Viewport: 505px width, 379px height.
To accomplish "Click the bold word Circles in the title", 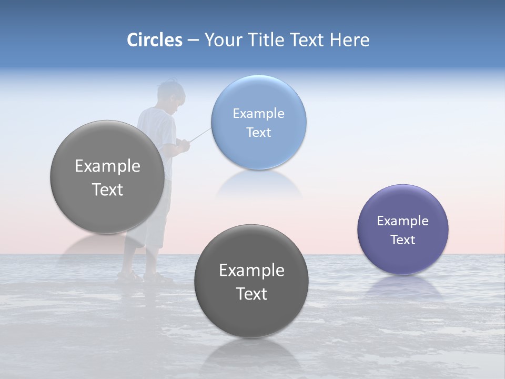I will point(154,40).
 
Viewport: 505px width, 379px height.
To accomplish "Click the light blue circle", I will point(258,122).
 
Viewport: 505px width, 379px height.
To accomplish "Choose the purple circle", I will point(403,229).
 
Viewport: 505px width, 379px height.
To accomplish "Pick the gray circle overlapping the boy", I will point(107,177).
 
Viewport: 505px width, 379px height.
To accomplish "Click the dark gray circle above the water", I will point(251,281).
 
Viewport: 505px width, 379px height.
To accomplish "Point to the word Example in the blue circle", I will point(258,113).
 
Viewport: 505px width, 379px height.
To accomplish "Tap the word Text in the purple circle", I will point(403,240).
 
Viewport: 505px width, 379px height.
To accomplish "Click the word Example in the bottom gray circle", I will point(251,270).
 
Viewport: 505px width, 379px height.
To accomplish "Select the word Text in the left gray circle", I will point(107,189).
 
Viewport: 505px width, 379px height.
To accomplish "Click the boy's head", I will point(172,95).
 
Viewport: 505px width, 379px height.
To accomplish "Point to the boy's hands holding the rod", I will point(182,145).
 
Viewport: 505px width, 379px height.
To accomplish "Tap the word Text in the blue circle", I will point(258,133).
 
